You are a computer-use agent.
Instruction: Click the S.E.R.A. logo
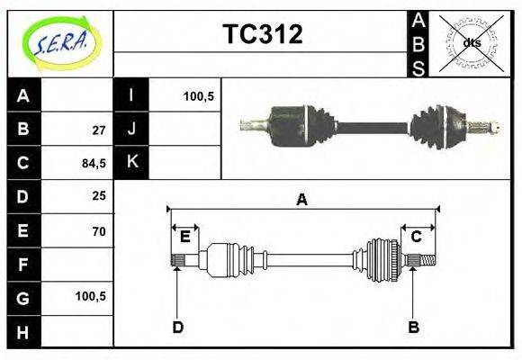tap(59, 42)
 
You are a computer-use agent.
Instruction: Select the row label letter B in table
tap(23, 129)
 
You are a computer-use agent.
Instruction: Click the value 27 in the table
tap(99, 129)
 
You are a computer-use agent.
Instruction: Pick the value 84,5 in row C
tap(94, 163)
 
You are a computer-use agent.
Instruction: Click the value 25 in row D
tap(99, 196)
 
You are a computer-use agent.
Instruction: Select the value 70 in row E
tap(99, 231)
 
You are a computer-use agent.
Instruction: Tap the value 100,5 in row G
tap(92, 296)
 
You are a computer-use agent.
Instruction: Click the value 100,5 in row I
tap(198, 95)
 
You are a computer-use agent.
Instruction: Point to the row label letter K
tap(131, 162)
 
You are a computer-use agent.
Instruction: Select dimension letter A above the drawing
tap(302, 200)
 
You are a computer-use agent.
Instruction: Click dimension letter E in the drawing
tap(184, 237)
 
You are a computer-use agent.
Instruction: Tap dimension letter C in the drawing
tap(417, 237)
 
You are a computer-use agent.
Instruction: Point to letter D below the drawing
tap(177, 327)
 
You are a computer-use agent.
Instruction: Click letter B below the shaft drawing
tap(414, 327)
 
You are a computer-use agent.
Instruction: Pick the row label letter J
tap(131, 129)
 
